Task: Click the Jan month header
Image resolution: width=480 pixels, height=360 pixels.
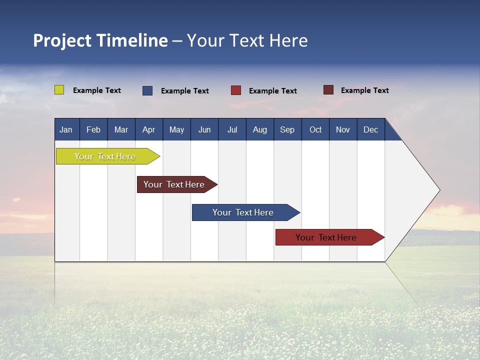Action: click(x=66, y=129)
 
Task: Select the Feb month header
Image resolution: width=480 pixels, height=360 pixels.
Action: click(x=93, y=129)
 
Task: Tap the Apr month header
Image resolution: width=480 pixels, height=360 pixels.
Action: click(x=148, y=129)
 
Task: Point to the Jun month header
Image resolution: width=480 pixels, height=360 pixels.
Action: click(x=204, y=129)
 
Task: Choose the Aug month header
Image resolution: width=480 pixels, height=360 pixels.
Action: click(x=259, y=129)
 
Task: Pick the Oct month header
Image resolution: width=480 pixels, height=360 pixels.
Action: click(x=315, y=129)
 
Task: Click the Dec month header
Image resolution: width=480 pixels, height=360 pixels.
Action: click(x=370, y=129)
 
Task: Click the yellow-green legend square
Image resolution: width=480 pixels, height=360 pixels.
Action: click(x=59, y=90)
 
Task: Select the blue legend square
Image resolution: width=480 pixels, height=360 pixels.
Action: click(x=147, y=90)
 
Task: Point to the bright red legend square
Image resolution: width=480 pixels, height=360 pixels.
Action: click(x=236, y=90)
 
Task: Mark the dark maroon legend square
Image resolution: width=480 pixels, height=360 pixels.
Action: click(x=328, y=90)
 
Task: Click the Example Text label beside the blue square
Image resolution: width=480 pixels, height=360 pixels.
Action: click(x=184, y=91)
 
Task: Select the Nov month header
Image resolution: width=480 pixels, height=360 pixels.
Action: click(x=343, y=129)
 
